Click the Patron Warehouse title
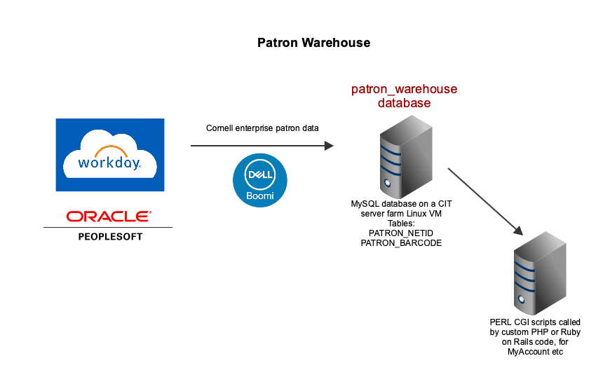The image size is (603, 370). [313, 43]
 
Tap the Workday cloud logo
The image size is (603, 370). [110, 154]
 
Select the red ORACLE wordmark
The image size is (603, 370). [109, 217]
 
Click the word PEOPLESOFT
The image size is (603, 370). [110, 237]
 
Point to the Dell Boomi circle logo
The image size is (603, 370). [260, 180]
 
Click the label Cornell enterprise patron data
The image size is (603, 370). [262, 128]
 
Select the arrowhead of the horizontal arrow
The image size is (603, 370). [329, 146]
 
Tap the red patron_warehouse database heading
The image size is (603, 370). [404, 96]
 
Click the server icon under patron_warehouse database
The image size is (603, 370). [406, 157]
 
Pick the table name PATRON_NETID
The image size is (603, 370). [401, 233]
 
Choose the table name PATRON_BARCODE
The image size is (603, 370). [401, 243]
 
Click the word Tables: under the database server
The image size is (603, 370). [401, 224]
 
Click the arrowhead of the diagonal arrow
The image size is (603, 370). [519, 231]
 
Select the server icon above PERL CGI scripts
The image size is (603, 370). [540, 273]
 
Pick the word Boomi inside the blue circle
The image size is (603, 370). [260, 196]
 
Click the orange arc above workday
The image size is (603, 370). [111, 151]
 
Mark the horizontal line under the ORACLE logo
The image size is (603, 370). [108, 228]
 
